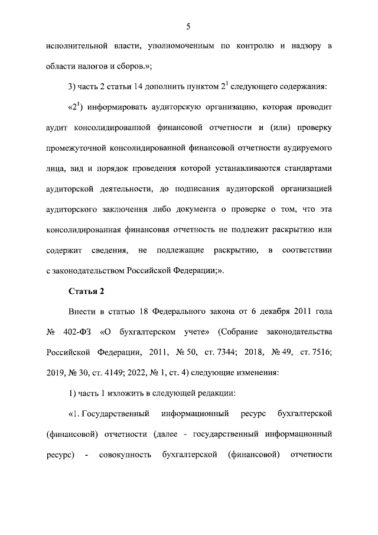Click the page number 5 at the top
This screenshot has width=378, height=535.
(188, 25)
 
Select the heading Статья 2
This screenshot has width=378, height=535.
(86, 291)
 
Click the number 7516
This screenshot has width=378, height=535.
(318, 353)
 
